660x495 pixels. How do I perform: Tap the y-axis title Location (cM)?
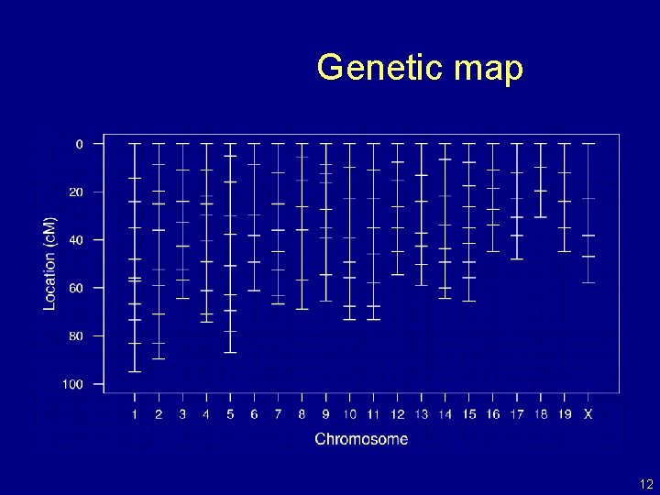click(49, 263)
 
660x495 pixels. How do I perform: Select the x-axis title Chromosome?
click(361, 439)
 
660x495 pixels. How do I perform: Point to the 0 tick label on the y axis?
click(79, 144)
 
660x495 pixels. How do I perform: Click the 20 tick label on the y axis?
click(76, 192)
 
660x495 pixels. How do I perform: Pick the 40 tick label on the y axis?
click(76, 240)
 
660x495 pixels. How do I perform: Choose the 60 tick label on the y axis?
click(76, 288)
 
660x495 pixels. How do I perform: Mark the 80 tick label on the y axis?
click(76, 336)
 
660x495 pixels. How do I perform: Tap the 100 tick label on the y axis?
click(73, 384)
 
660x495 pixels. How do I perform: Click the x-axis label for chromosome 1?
click(135, 414)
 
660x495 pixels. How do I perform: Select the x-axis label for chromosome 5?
click(230, 414)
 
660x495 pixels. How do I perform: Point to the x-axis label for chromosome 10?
click(349, 414)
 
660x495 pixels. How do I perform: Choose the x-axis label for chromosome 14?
click(445, 414)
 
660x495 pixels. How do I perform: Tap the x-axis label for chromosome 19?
click(564, 414)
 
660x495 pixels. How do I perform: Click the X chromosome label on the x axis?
click(588, 414)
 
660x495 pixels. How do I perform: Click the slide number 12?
click(646, 484)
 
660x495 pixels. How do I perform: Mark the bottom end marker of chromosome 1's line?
click(135, 371)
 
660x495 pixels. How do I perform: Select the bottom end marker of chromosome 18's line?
click(541, 217)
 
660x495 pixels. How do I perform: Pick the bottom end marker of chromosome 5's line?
click(230, 352)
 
